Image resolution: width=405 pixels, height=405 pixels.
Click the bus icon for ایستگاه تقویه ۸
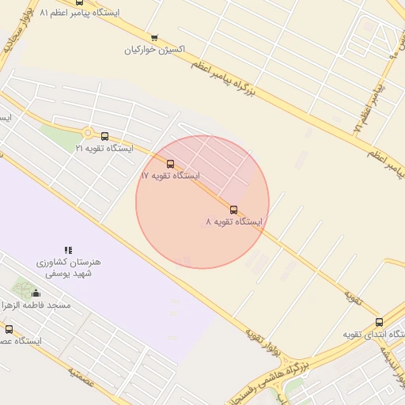(x=233, y=210)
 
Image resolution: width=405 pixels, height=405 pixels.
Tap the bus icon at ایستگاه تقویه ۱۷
(x=171, y=164)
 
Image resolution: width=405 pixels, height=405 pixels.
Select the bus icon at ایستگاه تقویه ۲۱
(x=104, y=136)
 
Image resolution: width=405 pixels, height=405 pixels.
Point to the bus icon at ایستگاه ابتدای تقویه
(x=379, y=322)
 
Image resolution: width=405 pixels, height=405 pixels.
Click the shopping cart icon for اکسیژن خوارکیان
(x=154, y=37)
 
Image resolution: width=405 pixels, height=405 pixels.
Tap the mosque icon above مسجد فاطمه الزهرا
(x=35, y=293)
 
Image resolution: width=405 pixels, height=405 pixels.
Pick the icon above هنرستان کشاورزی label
(x=68, y=250)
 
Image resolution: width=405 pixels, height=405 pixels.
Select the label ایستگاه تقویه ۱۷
(x=170, y=176)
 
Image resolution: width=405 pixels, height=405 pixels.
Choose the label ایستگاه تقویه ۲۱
(x=104, y=148)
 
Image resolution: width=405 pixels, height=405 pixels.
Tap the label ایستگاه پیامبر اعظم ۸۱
(x=78, y=13)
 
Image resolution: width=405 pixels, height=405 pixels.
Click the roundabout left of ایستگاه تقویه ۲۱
(x=87, y=134)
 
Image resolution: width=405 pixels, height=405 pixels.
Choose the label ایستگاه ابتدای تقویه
(x=373, y=335)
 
